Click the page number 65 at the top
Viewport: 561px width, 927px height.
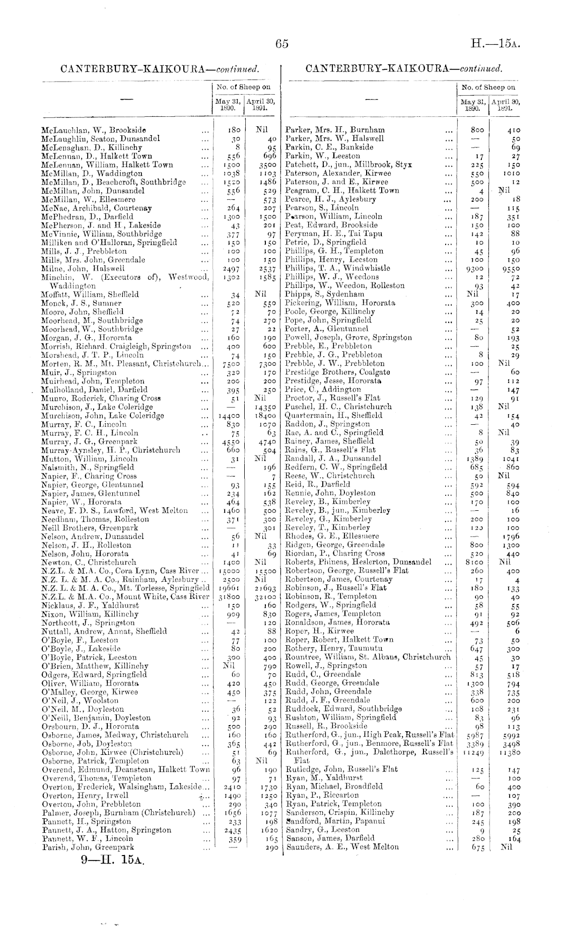coord(282,44)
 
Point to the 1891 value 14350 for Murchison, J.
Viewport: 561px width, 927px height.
coord(264,407)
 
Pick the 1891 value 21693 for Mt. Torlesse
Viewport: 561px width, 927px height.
coord(264,588)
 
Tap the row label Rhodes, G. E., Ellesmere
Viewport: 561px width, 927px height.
coord(332,536)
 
